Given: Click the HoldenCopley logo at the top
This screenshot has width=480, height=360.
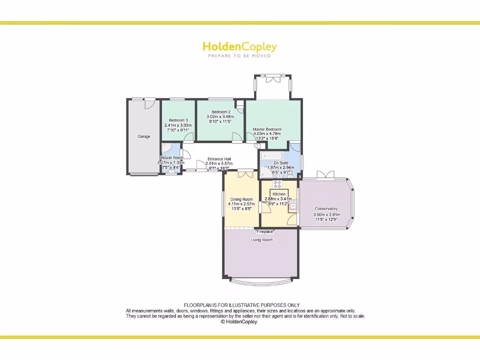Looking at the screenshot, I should click(x=240, y=47).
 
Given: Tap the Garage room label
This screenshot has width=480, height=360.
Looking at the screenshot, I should click(x=144, y=136).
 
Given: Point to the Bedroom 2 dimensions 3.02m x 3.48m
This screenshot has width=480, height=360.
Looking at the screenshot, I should click(x=220, y=117).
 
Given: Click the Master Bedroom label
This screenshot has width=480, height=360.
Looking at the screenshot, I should click(x=267, y=129).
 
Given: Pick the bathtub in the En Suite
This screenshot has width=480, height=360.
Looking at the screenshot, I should click(x=272, y=156).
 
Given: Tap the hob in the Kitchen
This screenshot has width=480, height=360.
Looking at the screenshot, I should click(x=277, y=185).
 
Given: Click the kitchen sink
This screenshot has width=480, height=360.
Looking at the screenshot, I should click(x=293, y=204).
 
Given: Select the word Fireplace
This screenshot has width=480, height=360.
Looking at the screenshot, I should click(x=265, y=232).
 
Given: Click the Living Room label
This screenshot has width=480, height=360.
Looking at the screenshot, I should click(x=261, y=240).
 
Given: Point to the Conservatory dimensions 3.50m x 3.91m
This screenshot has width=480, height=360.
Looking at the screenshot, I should click(x=327, y=215).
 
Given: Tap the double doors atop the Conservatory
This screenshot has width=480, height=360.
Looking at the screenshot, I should click(x=326, y=175).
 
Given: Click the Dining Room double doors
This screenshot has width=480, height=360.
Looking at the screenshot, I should click(x=245, y=174).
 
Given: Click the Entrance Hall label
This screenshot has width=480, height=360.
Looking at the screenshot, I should click(x=218, y=158).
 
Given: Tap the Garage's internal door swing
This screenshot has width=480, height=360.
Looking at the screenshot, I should click(x=150, y=104).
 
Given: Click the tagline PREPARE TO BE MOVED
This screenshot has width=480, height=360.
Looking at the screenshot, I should click(x=240, y=56).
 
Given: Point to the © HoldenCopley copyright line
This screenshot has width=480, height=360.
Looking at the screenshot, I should click(x=239, y=322).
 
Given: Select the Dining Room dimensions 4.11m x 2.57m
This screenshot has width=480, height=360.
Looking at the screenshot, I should click(x=241, y=204).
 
